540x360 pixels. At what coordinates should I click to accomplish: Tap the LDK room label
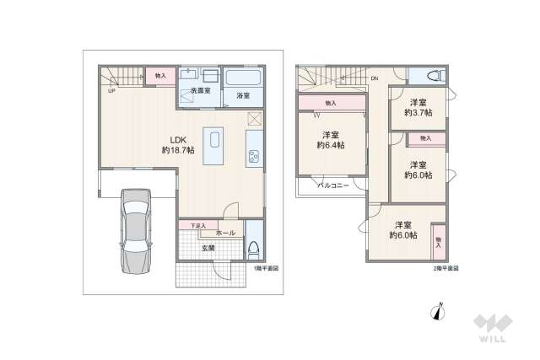(x=178, y=139)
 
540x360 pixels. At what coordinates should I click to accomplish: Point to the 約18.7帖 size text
(x=178, y=150)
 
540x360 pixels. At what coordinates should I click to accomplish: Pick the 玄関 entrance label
(x=208, y=248)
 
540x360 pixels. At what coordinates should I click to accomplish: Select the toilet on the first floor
(x=253, y=250)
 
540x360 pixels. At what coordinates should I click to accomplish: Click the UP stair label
(x=111, y=92)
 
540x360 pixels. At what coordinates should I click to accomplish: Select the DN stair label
(x=374, y=79)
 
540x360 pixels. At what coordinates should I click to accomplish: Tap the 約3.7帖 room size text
(x=418, y=112)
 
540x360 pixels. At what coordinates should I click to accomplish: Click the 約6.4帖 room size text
(x=330, y=145)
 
